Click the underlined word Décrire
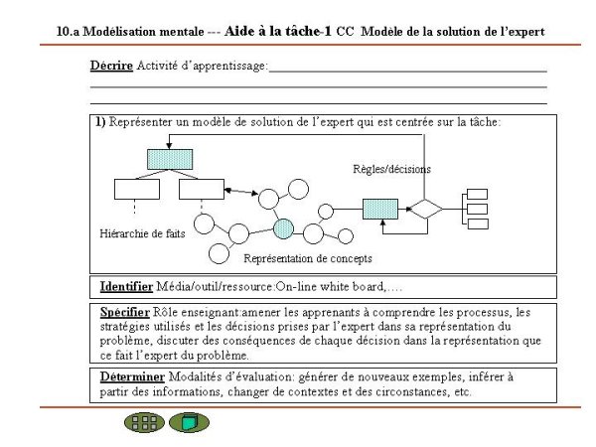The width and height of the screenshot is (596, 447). pyautogui.click(x=111, y=66)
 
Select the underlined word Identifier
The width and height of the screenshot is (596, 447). pyautogui.click(x=126, y=287)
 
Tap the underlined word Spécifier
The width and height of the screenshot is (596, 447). pyautogui.click(x=125, y=313)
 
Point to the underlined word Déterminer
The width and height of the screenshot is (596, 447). pyautogui.click(x=132, y=377)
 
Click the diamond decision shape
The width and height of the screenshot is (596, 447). pyautogui.click(x=426, y=209)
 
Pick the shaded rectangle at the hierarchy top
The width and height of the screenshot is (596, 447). pyautogui.click(x=170, y=159)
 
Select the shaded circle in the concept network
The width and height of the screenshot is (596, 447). pyautogui.click(x=283, y=229)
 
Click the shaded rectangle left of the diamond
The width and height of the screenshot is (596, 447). pyautogui.click(x=380, y=209)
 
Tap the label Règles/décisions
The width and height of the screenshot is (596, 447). pyautogui.click(x=392, y=169)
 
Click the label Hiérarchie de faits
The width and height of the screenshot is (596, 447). pyautogui.click(x=142, y=233)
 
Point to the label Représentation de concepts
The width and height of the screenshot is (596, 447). pyautogui.click(x=308, y=258)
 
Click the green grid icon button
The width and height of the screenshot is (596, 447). pyautogui.click(x=144, y=422)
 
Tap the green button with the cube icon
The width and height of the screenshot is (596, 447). pyautogui.click(x=189, y=422)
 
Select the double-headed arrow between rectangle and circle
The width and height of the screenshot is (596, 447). pyautogui.click(x=241, y=192)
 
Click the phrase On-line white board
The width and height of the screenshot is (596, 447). pyautogui.click(x=330, y=287)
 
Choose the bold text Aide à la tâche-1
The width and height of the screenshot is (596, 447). pyautogui.click(x=278, y=31)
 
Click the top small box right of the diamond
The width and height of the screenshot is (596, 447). pyautogui.click(x=477, y=194)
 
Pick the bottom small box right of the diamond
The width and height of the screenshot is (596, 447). pyautogui.click(x=478, y=223)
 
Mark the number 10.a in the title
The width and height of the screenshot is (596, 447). pyautogui.click(x=68, y=32)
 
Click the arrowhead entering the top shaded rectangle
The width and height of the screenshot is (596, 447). pyautogui.click(x=169, y=146)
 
